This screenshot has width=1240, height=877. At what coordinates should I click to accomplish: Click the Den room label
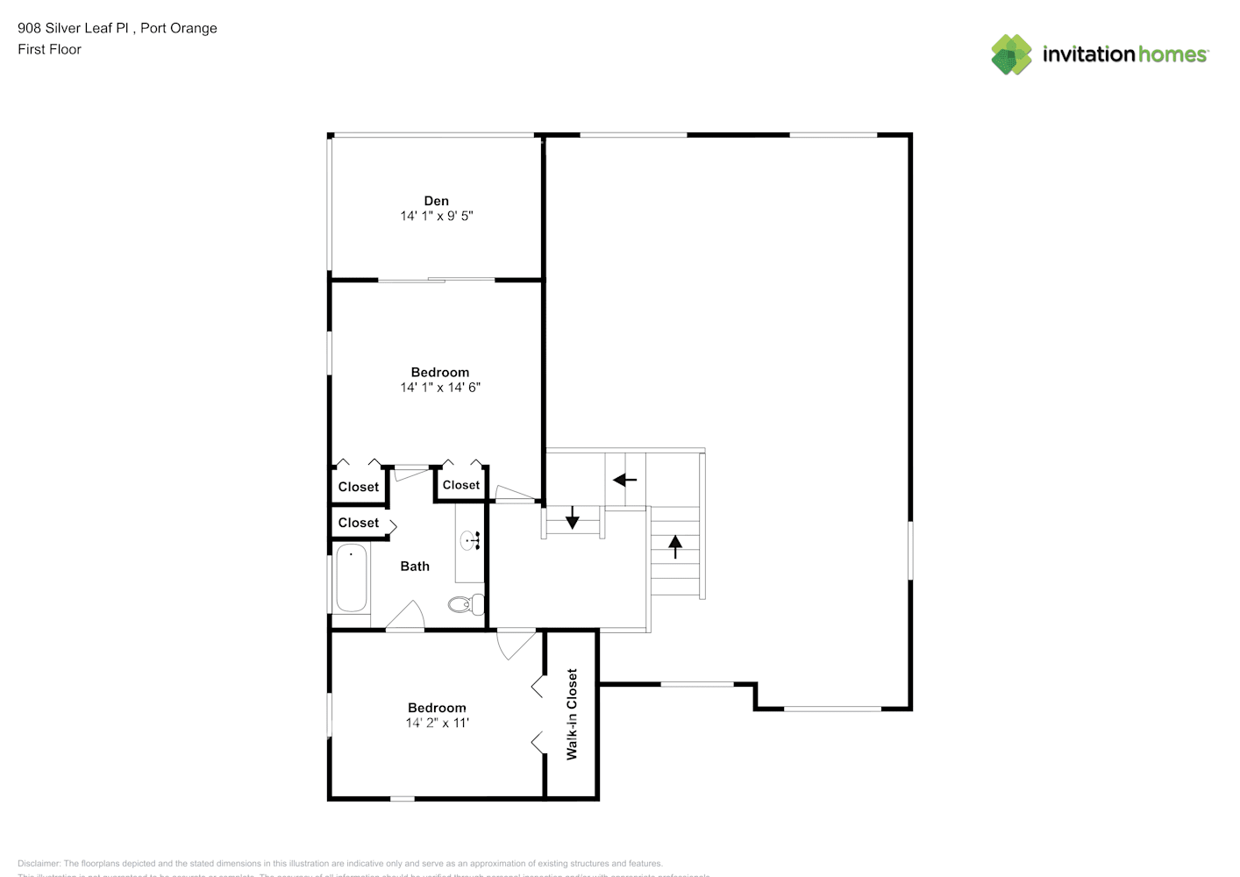pos(436,201)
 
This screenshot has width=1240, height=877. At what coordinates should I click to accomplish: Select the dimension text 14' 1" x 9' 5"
pos(437,216)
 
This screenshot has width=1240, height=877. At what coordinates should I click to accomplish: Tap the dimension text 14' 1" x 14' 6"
pos(440,387)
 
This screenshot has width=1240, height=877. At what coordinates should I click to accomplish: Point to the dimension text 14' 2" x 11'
pos(437,723)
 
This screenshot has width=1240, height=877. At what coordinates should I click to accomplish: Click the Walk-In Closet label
pos(572,714)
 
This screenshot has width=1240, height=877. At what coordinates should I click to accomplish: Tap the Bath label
pos(415,567)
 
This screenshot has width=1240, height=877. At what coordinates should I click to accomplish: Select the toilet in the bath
pos(466,603)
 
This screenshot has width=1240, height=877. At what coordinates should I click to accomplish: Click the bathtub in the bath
pos(352,578)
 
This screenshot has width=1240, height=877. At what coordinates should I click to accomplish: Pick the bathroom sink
pos(470,540)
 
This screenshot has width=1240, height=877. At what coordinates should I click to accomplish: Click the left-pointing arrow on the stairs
pos(624,480)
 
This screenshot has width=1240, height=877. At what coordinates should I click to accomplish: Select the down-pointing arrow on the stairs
pos(573,518)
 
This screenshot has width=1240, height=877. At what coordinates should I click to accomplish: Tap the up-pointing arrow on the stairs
pos(675,546)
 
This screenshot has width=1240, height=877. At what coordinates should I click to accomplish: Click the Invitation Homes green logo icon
pos(1011,54)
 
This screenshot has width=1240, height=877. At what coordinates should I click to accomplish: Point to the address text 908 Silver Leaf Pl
pos(75,28)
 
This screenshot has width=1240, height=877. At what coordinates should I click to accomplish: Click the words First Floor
pos(49,49)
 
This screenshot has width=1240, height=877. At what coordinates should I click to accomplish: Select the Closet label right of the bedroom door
pos(461,485)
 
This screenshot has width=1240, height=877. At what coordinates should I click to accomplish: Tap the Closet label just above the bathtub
pos(359,523)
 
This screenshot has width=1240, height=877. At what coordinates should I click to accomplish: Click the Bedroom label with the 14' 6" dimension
pos(440,372)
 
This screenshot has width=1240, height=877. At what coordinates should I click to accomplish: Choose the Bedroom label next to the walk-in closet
pos(437,708)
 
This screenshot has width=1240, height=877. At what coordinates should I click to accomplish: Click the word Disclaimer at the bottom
pos(39,864)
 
